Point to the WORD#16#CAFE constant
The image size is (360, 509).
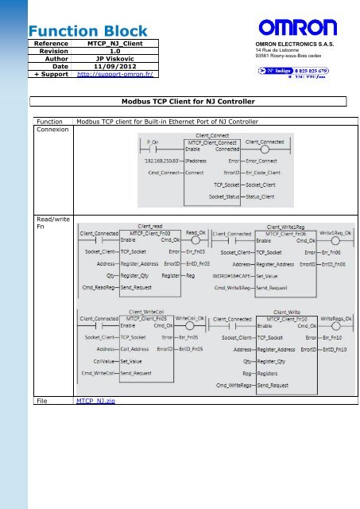[232, 276]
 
